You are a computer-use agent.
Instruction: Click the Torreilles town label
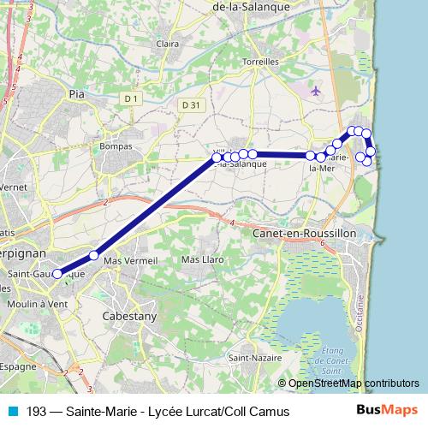261,62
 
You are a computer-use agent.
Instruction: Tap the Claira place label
168,44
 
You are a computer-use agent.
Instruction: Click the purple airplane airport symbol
318,90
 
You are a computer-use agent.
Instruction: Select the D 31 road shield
191,104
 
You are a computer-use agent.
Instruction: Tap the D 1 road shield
130,99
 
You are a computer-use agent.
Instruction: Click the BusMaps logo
388,411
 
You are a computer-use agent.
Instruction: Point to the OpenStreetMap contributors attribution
354,383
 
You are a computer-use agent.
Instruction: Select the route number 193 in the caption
36,412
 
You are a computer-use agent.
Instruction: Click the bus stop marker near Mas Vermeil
94,255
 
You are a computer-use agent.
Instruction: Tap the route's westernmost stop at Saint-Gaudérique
57,275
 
